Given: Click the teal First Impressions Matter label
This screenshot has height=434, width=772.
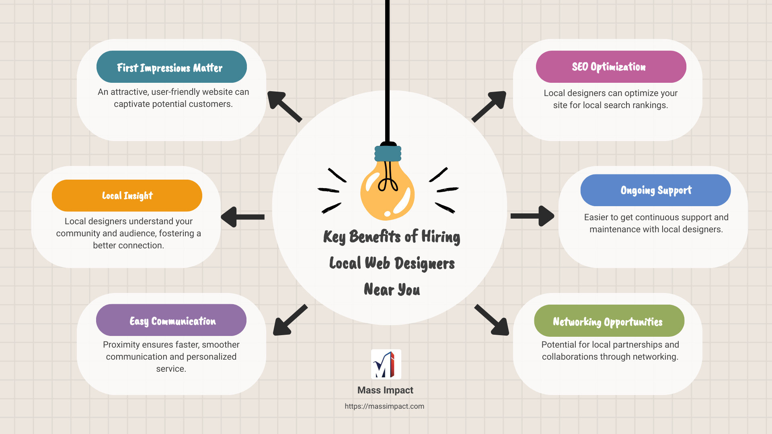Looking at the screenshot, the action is [x=171, y=67].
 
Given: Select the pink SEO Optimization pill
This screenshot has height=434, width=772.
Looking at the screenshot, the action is [x=611, y=67].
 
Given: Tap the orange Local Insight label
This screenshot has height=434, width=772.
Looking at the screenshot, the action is [x=127, y=196].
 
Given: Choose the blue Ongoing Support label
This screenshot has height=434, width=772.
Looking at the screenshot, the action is [x=655, y=190].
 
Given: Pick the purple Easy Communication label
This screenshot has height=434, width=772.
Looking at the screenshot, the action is [x=171, y=320].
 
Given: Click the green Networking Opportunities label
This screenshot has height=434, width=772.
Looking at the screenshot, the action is [x=609, y=321].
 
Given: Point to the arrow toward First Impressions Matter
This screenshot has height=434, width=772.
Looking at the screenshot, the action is [x=284, y=106].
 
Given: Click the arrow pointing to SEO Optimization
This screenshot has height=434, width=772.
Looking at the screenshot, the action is [x=489, y=106].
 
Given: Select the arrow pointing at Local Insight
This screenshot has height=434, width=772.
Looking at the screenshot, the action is [x=242, y=217].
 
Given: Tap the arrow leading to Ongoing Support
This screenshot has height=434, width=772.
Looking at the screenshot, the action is [x=532, y=216].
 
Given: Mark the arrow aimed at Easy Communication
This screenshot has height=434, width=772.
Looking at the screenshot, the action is [x=289, y=320].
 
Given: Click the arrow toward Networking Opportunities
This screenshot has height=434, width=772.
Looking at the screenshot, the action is [x=492, y=320].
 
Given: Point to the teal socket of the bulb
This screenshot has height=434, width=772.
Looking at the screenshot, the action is [x=388, y=154].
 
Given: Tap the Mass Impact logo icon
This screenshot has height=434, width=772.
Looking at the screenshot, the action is [x=386, y=364].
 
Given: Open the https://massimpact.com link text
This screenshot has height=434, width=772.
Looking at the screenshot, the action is [x=384, y=406].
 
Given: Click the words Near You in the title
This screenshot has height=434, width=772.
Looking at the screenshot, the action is [x=392, y=290].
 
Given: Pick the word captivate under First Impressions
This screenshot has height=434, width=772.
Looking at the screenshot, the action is [x=131, y=104].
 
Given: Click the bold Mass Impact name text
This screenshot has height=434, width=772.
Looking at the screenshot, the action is [x=385, y=390].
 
